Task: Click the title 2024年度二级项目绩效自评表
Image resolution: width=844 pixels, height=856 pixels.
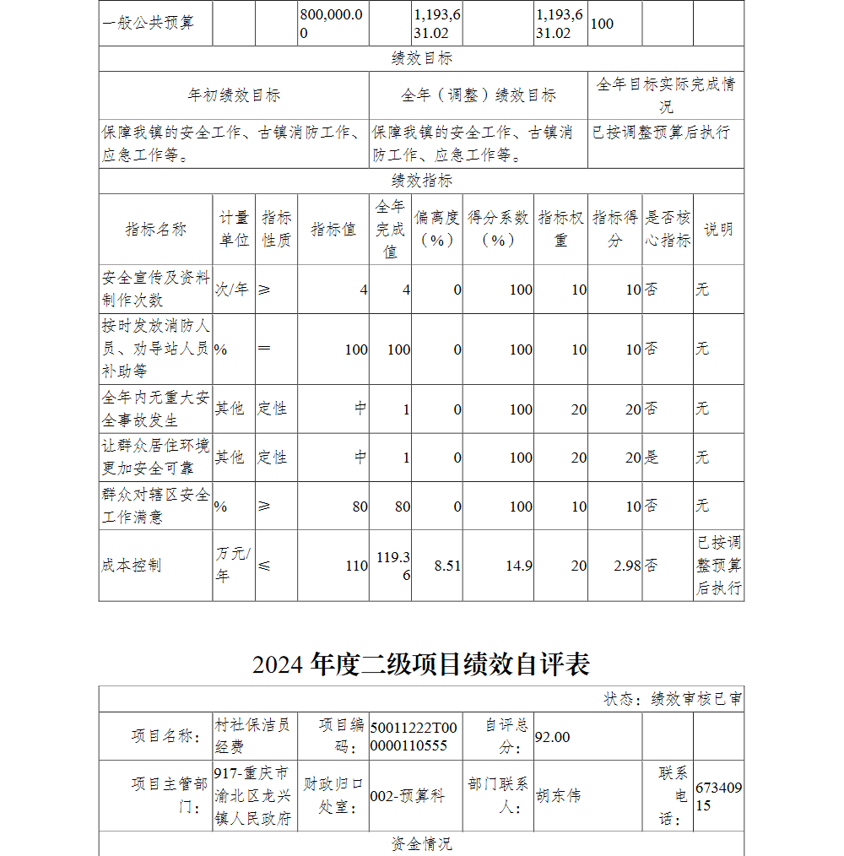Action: coord(421,664)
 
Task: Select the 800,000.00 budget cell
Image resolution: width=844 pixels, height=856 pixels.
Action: coord(333,24)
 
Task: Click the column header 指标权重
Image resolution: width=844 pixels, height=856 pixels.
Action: coord(560,229)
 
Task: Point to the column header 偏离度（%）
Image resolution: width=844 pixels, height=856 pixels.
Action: coord(438,229)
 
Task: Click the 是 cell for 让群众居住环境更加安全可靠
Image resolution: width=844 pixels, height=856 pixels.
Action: coord(651,458)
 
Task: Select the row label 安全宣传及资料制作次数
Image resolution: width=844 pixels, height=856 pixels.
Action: coord(155,289)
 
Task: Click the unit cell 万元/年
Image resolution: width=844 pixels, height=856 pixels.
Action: coord(233,565)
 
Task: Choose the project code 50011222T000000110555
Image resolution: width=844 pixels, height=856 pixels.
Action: coord(414,736)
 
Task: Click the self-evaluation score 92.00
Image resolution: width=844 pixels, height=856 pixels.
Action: coord(553,737)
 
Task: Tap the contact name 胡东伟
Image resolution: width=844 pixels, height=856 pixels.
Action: coord(559,795)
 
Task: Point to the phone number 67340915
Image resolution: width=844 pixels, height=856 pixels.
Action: coord(718,796)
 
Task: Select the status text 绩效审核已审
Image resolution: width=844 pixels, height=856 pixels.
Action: coord(696,699)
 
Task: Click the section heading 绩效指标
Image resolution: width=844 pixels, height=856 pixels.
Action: coord(421,181)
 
